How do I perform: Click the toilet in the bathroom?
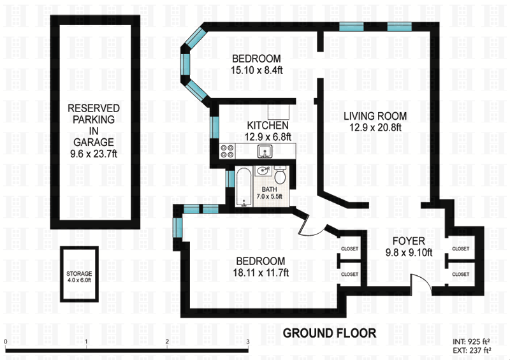pos(280,175)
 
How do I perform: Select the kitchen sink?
pos(265,151)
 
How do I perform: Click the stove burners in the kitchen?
pos(228,151)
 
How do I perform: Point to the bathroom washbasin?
pos(263,171)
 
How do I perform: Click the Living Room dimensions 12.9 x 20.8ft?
pos(375,127)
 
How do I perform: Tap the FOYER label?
pos(409,241)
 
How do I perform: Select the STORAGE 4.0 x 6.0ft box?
pos(79,274)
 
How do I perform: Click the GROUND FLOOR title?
pos(330,333)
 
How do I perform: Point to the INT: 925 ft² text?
pos(471,342)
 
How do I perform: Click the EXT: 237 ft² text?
pos(472,350)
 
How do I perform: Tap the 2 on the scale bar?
pos(167,342)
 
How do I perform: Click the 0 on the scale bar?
pos(6,342)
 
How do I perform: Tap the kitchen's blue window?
pos(214,127)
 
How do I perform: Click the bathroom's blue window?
pos(230,179)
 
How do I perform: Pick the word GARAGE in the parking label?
pos(94,142)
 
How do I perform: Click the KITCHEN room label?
pos(268,126)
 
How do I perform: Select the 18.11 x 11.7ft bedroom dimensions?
pos(261,273)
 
